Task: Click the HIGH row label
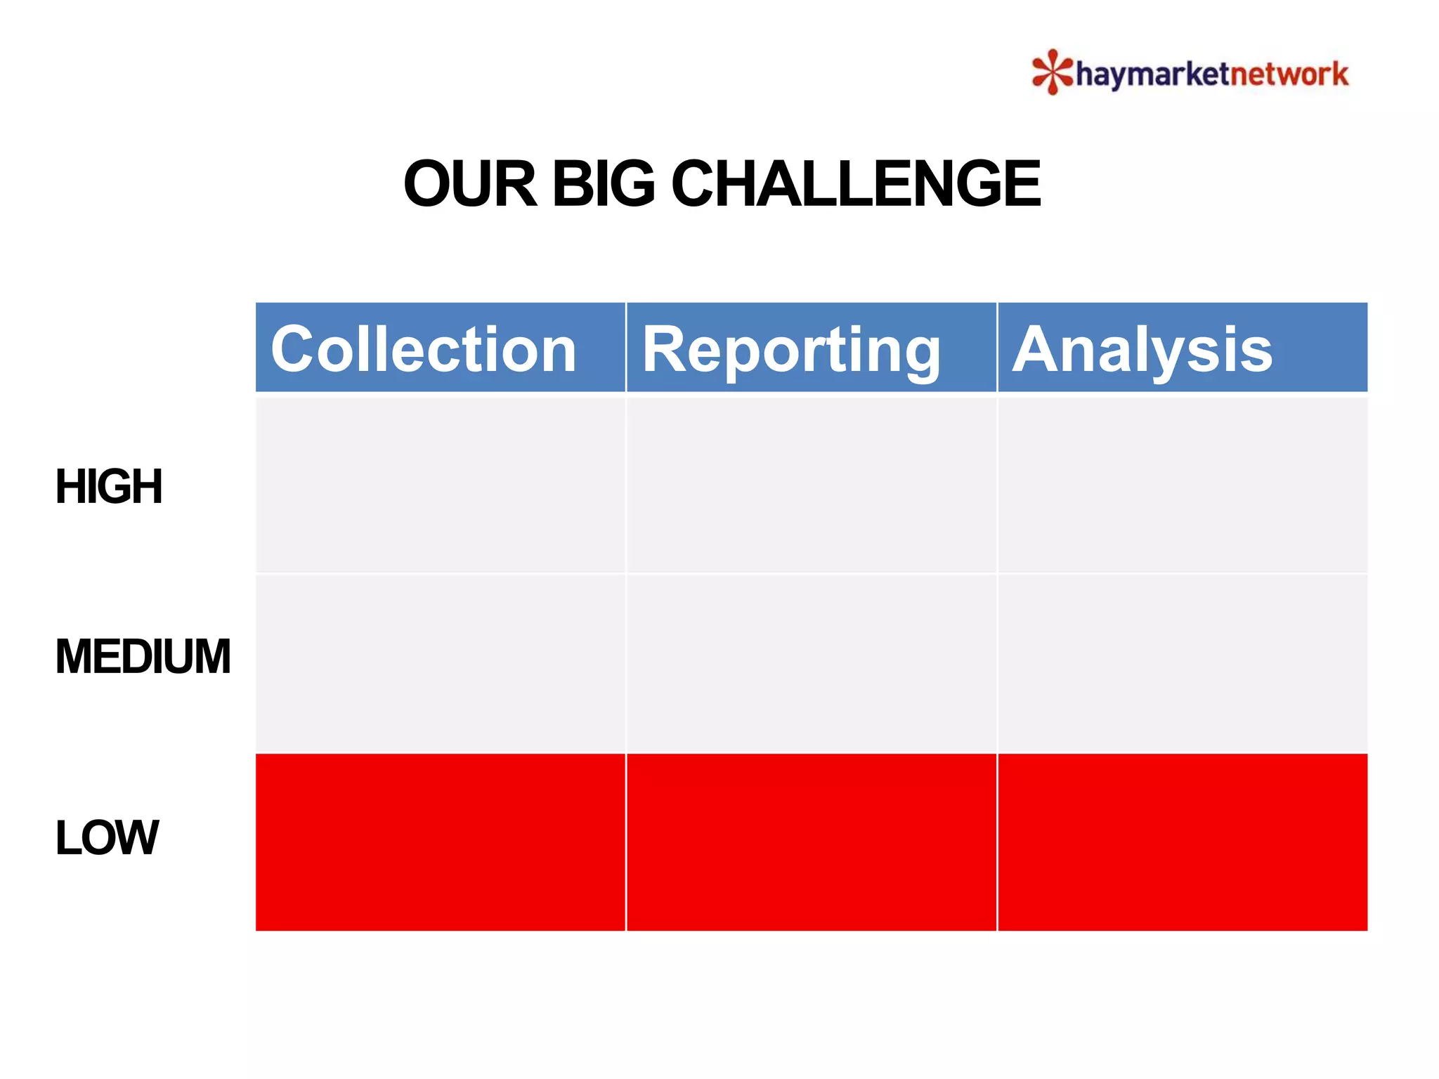point(109,486)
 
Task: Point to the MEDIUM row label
point(143,657)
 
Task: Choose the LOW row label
point(107,837)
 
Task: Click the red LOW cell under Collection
point(440,842)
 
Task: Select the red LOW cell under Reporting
point(811,842)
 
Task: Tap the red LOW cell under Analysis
point(1182,842)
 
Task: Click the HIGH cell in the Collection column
point(440,485)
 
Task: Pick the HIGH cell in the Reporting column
point(811,485)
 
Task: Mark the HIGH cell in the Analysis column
point(1182,485)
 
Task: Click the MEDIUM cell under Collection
point(440,663)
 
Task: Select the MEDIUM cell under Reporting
point(811,663)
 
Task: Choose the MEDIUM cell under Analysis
point(1182,663)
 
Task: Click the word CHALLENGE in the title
point(856,183)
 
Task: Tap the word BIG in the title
point(604,183)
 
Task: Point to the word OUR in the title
point(470,183)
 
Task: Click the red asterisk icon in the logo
point(1052,72)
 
